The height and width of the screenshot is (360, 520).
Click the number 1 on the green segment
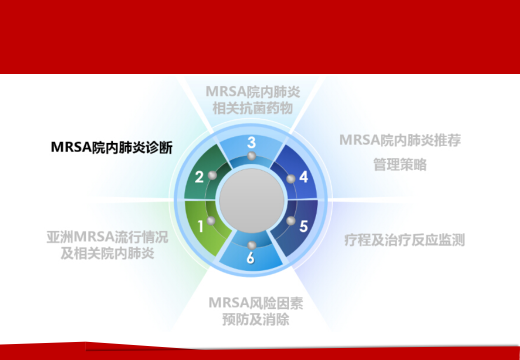200,226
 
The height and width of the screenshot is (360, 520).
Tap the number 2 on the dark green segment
199,177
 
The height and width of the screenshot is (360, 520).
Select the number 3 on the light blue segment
251,142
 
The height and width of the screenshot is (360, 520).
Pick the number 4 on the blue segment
303,177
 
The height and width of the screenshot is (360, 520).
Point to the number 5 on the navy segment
303,226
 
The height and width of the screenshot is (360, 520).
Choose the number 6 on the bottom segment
250,257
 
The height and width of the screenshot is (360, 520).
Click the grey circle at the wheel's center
251,201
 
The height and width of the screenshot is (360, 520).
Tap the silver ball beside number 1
210,221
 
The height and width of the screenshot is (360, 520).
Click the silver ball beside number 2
212,175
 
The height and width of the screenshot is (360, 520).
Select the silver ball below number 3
251,156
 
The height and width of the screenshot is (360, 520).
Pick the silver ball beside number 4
291,179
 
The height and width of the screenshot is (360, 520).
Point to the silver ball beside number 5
291,221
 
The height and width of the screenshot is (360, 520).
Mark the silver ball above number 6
251,245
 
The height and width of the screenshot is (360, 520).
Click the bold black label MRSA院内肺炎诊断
112,147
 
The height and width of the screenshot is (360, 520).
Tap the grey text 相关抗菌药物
252,108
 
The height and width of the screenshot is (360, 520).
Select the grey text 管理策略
399,164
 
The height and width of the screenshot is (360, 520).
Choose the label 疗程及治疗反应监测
404,240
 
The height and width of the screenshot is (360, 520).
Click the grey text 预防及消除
255,319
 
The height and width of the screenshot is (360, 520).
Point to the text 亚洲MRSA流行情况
107,237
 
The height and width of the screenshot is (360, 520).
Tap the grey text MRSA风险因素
255,303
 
